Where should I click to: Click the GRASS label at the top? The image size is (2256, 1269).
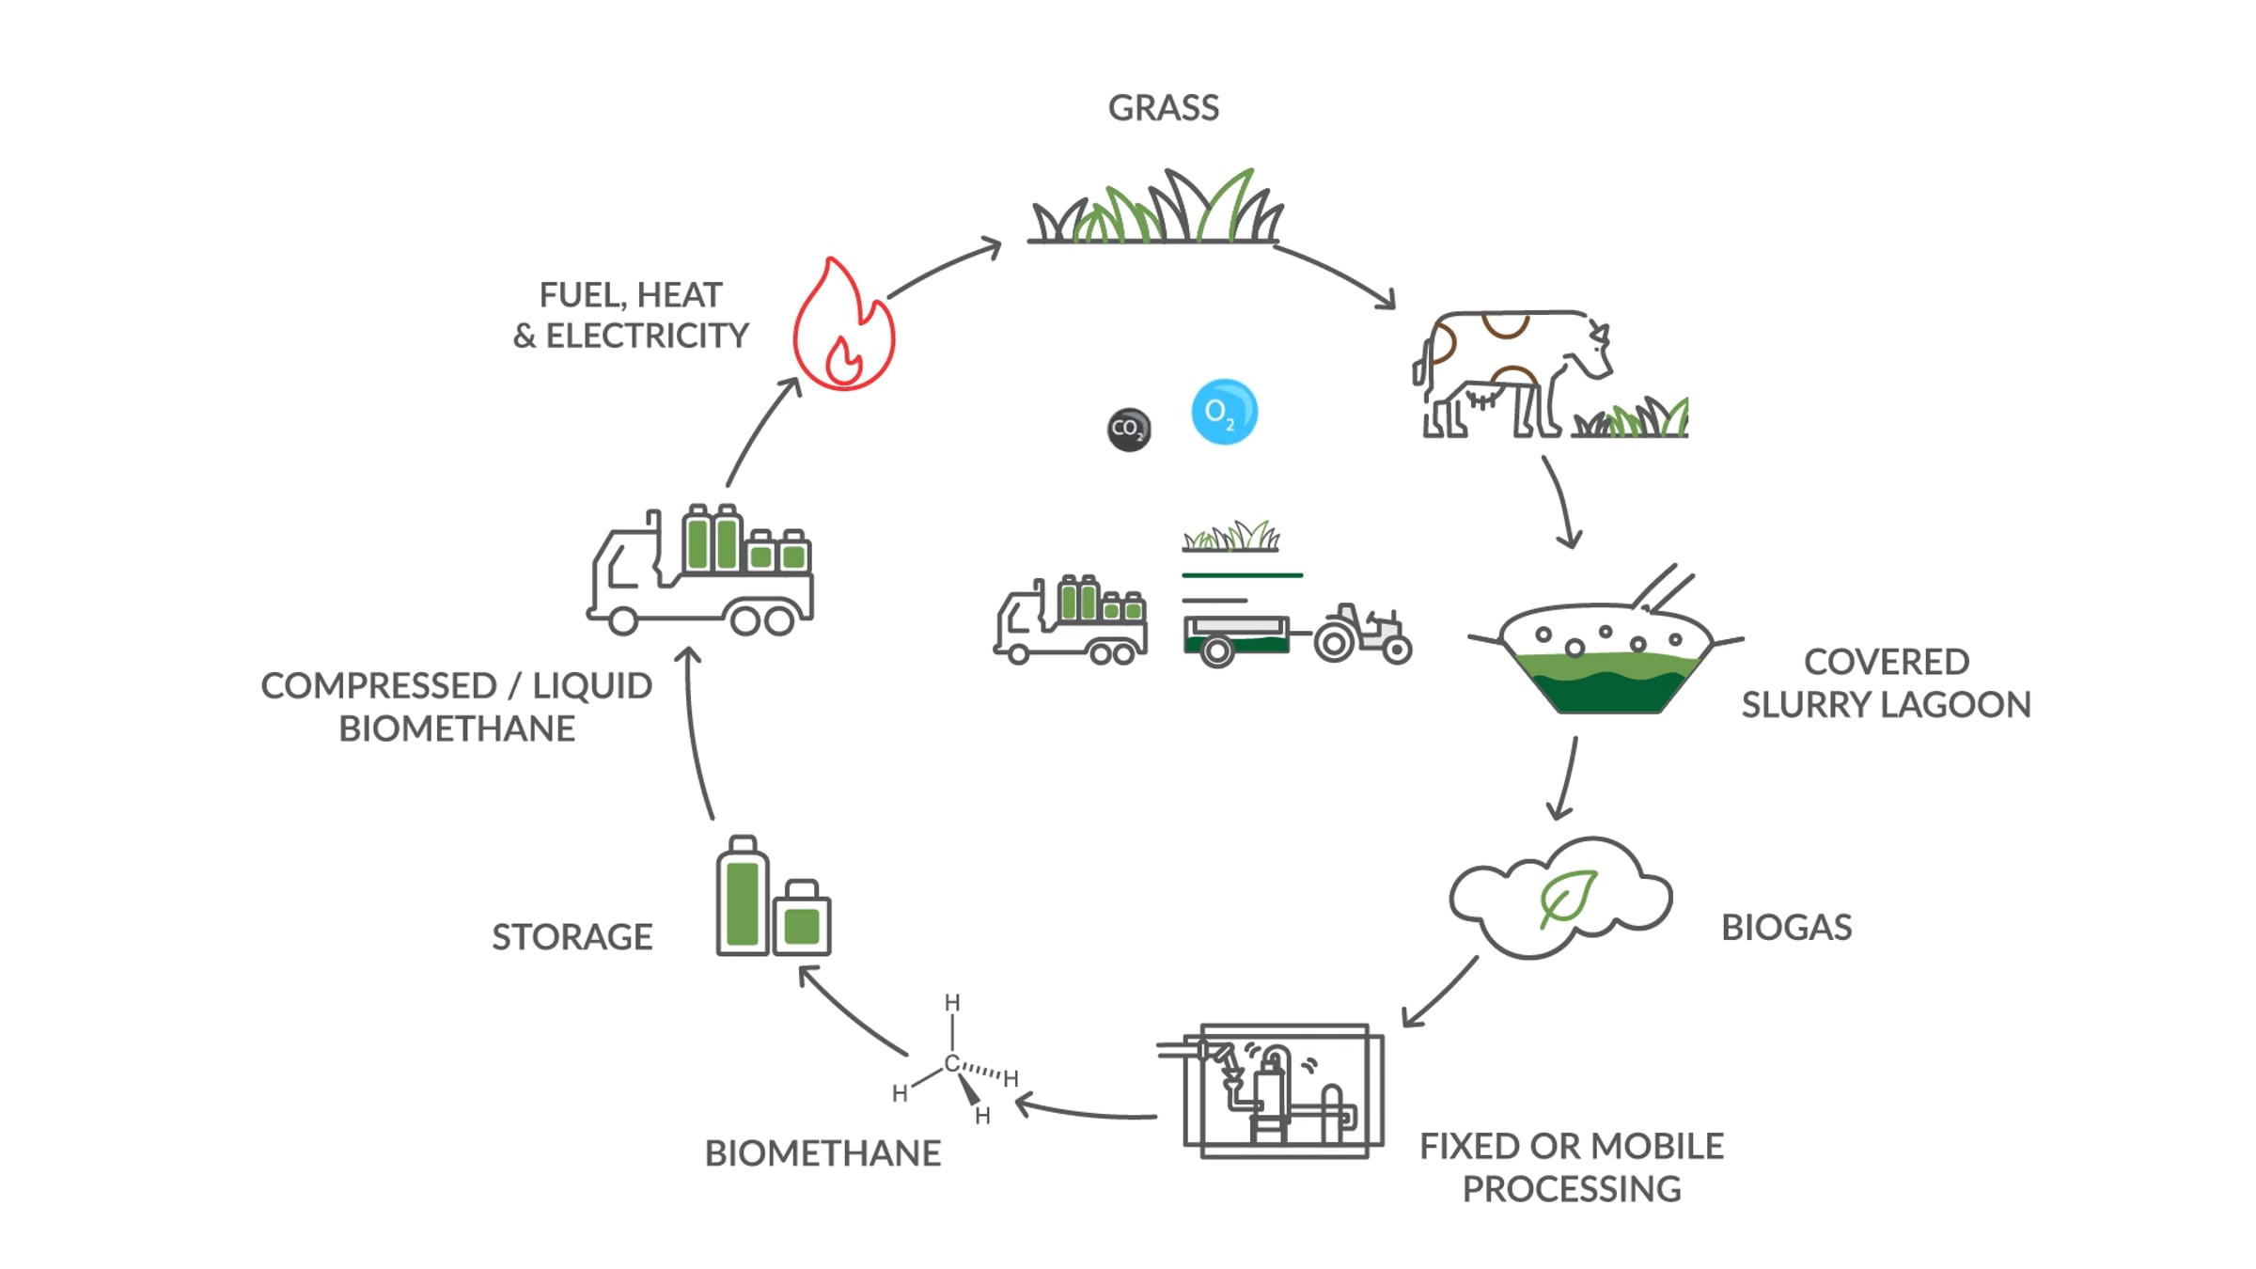[1164, 108]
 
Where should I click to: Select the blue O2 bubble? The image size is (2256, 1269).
[1224, 412]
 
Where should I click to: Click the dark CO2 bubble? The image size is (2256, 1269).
[1129, 430]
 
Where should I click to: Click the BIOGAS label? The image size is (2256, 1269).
[1786, 928]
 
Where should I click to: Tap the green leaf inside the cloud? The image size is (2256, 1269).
[1567, 898]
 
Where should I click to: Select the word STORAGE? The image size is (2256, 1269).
[572, 937]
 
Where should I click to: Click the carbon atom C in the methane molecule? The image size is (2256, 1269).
[951, 1063]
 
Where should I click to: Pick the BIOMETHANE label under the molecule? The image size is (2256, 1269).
[822, 1153]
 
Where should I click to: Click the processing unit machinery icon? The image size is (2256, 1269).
[1271, 1090]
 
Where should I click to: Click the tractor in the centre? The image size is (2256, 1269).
[1362, 634]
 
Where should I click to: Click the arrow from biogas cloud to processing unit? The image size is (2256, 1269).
[1439, 993]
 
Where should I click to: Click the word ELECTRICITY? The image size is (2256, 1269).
[647, 336]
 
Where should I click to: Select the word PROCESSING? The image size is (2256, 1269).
[1572, 1189]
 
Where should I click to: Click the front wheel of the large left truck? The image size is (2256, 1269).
[622, 621]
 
